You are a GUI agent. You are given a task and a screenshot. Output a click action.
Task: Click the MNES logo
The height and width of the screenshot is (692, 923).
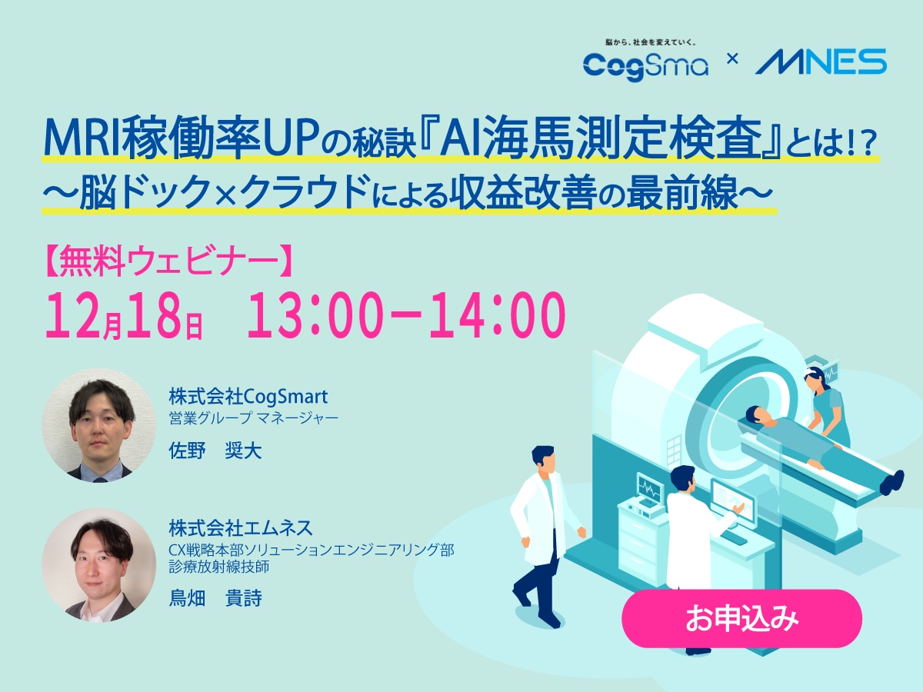click(820, 62)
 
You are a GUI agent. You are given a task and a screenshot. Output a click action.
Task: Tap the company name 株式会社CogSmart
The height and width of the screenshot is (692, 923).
click(248, 397)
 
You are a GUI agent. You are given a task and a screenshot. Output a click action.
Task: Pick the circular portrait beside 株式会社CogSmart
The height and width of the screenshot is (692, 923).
click(99, 425)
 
